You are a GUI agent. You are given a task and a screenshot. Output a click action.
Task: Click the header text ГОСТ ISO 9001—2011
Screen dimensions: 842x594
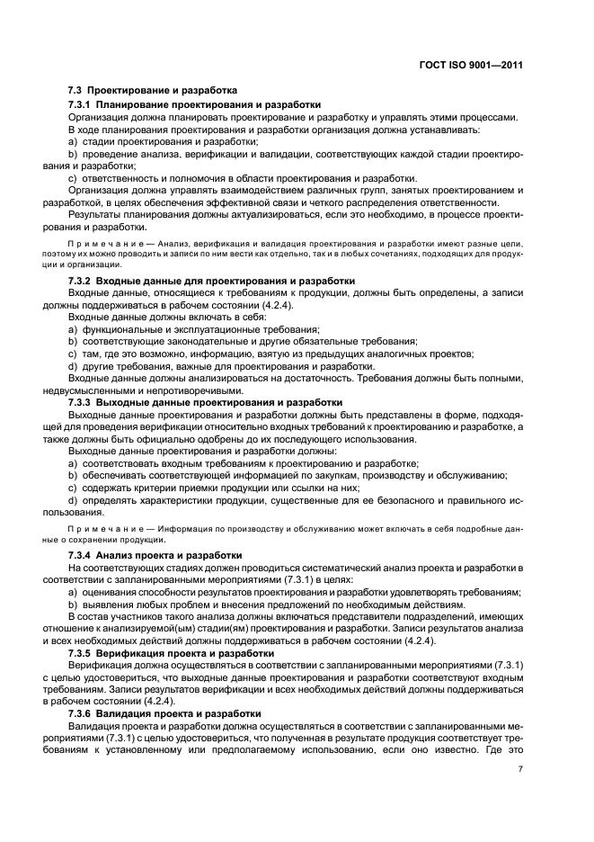click(x=472, y=65)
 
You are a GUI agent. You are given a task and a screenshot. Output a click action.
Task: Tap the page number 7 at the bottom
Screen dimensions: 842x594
click(x=520, y=768)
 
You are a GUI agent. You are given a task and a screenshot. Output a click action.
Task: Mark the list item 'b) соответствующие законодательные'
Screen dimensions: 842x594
click(x=243, y=341)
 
